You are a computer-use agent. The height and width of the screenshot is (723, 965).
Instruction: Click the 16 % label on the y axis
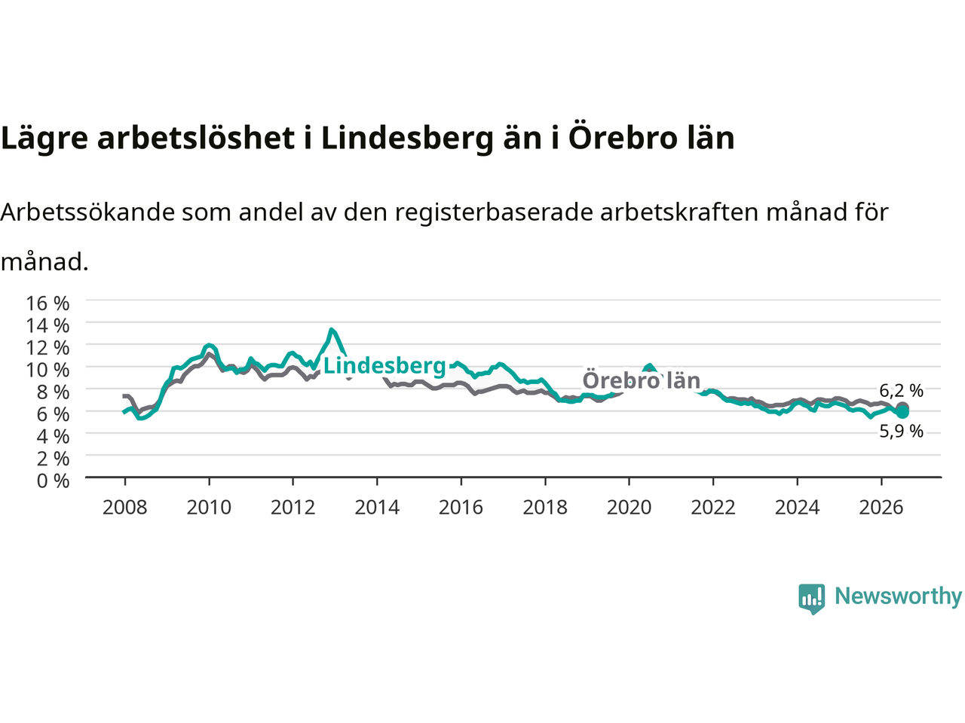[x=47, y=304]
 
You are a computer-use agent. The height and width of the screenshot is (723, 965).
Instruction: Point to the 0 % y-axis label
[x=54, y=480]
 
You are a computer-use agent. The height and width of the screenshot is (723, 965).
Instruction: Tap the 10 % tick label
[x=47, y=370]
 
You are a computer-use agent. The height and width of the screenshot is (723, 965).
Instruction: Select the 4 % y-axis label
[x=54, y=436]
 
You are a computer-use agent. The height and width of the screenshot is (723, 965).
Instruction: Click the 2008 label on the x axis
[x=124, y=508]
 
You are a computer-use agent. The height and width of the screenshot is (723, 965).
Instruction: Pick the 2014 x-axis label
[x=377, y=508]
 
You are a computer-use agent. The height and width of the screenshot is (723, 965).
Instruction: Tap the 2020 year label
[x=629, y=508]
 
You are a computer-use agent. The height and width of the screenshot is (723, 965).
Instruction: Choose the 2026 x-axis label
[x=881, y=508]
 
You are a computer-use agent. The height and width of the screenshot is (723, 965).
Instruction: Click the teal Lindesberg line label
[x=384, y=366]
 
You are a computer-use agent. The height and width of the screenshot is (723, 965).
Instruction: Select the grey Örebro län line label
[x=641, y=380]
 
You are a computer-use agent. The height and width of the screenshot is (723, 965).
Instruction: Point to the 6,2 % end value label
[x=901, y=390]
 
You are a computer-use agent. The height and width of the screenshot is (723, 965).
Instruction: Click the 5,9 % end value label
[x=901, y=432]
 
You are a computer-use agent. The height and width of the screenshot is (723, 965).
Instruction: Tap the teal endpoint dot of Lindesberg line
[x=902, y=412]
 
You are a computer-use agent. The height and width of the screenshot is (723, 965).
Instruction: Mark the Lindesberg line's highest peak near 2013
[x=332, y=329]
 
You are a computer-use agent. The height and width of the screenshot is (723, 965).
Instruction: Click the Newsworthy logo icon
[x=811, y=599]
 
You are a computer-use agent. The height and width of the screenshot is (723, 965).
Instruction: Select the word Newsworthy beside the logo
[x=898, y=596]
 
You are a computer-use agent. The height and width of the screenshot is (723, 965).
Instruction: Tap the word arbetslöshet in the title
[x=195, y=137]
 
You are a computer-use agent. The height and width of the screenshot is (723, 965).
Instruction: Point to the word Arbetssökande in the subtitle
[x=87, y=212]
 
